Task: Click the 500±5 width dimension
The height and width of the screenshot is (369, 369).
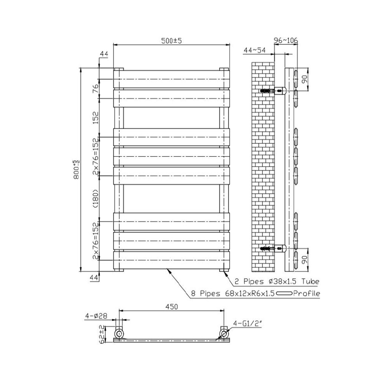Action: (171, 41)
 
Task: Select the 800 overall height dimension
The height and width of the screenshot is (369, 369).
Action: (76, 170)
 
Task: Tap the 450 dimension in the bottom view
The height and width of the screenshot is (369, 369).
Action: (172, 307)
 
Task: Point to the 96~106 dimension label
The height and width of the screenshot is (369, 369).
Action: (286, 40)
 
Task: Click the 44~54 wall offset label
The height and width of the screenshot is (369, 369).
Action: (255, 50)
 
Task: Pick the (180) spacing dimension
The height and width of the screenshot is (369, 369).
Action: (96, 198)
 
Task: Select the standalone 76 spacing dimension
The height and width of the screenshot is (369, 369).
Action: (96, 89)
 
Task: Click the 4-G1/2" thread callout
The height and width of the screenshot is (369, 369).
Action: (247, 324)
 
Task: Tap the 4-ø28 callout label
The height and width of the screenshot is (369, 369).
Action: (96, 316)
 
